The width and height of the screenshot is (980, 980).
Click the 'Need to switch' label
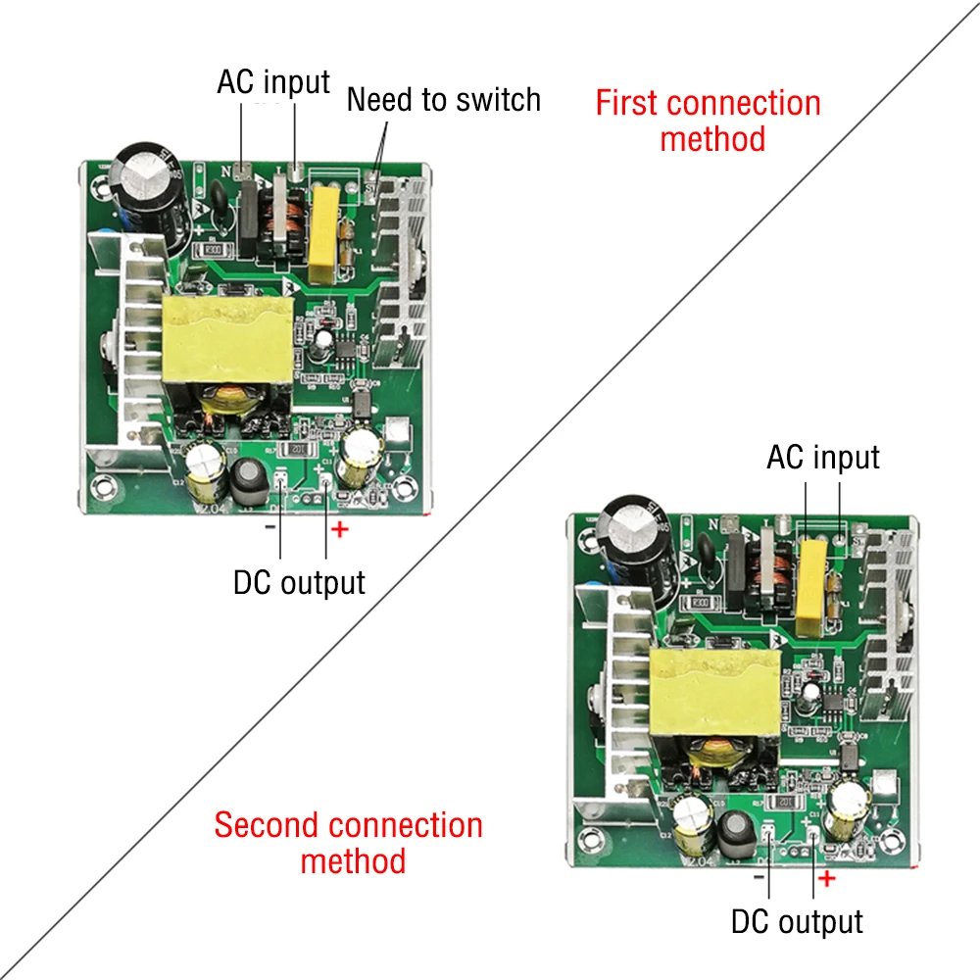pos(443,100)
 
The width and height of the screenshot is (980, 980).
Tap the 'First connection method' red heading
pos(709,121)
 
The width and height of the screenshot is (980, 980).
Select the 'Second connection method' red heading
pos(349,843)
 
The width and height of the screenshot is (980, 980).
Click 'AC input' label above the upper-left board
pos(273,81)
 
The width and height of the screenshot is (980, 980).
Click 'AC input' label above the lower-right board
pos(823,457)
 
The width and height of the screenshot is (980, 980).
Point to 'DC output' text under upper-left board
pos(299,582)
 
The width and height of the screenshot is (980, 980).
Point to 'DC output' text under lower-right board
pos(797,921)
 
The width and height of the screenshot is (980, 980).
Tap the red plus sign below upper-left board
pos(339,530)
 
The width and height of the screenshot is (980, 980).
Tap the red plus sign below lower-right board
pos(826,878)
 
